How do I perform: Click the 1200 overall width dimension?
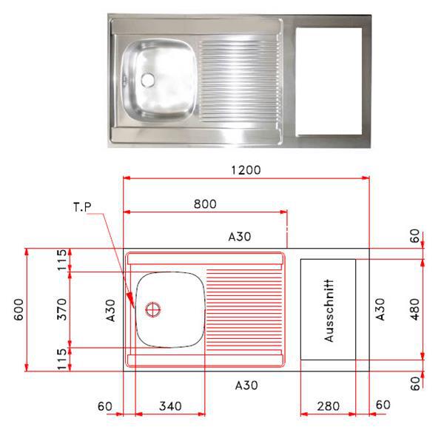[246, 169]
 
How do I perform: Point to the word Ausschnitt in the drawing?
[329, 309]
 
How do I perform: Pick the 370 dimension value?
[62, 309]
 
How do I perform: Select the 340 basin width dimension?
[170, 406]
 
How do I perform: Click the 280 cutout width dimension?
[327, 406]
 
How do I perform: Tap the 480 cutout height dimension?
[414, 309]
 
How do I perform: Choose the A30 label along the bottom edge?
[246, 385]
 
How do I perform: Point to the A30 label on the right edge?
[380, 309]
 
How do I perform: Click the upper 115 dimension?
[62, 260]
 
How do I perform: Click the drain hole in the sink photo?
[146, 78]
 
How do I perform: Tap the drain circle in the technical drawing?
[153, 309]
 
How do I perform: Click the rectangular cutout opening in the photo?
[328, 81]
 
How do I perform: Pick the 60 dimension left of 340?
[104, 406]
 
